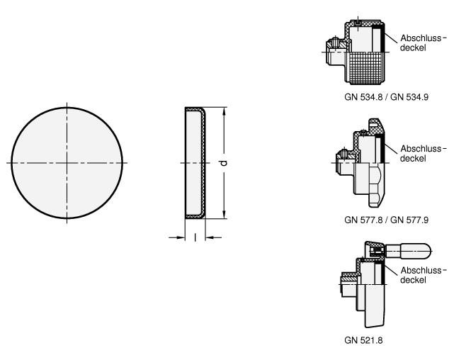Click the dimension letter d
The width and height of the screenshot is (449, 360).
[x=224, y=162]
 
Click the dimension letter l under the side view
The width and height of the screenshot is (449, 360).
[x=195, y=237]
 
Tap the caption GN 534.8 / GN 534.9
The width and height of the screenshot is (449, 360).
[x=386, y=97]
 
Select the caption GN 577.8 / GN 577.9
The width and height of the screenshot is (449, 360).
[x=386, y=220]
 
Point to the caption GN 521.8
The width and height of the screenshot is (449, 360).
[x=363, y=340]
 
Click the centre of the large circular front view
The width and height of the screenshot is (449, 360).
[x=67, y=163]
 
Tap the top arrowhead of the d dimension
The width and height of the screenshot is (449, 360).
[x=224, y=111]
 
